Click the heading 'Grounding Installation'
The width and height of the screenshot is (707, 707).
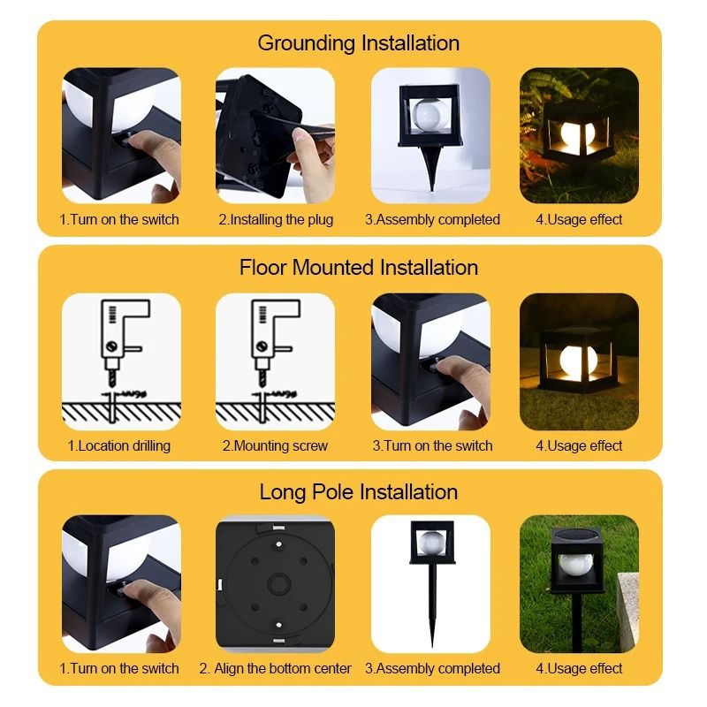[x=358, y=42]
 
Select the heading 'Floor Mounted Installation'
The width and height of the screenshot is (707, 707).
[x=358, y=267]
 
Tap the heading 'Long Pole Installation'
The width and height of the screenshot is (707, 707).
[x=358, y=492]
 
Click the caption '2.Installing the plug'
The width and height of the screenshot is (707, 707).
[x=276, y=219]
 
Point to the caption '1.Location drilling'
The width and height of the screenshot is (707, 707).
[x=119, y=445]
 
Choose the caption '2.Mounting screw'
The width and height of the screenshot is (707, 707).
[x=275, y=445]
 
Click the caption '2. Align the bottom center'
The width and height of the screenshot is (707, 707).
[x=275, y=668]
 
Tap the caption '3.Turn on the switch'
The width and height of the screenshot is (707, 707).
[x=432, y=445]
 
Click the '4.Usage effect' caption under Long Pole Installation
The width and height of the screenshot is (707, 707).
[x=579, y=668]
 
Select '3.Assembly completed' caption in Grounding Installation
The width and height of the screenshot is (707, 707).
[x=432, y=219]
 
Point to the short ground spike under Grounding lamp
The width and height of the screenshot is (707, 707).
[x=431, y=168]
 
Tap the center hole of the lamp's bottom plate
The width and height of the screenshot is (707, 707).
[x=275, y=582]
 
